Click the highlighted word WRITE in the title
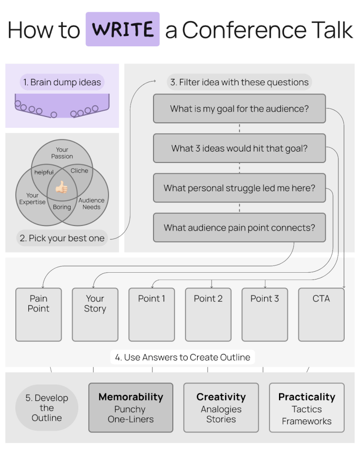click(122, 30)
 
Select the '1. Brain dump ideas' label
click(62, 82)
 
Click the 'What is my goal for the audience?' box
click(239, 108)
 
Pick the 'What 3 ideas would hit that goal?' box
click(239, 148)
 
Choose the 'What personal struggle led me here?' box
click(239, 188)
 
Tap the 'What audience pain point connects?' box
click(239, 227)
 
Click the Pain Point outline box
click(39, 314)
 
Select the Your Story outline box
click(95, 314)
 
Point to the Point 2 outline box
click(208, 314)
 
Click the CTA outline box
click(321, 314)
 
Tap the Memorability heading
click(130, 397)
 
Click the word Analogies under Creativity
click(221, 409)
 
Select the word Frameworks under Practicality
click(306, 421)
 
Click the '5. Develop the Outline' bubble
click(47, 408)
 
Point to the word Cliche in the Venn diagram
click(79, 171)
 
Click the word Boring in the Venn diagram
click(62, 207)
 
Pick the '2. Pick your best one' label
click(62, 238)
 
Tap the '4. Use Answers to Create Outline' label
click(183, 357)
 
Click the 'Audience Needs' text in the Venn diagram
click(91, 203)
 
